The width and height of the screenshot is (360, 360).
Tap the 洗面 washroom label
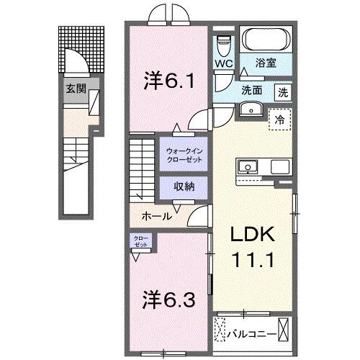pyautogui.click(x=251, y=92)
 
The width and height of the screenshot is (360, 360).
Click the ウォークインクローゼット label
pyautogui.click(x=184, y=154)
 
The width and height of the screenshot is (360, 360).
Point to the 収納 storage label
pyautogui.click(x=184, y=186)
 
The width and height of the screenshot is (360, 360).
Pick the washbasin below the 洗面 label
pyautogui.click(x=251, y=109)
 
